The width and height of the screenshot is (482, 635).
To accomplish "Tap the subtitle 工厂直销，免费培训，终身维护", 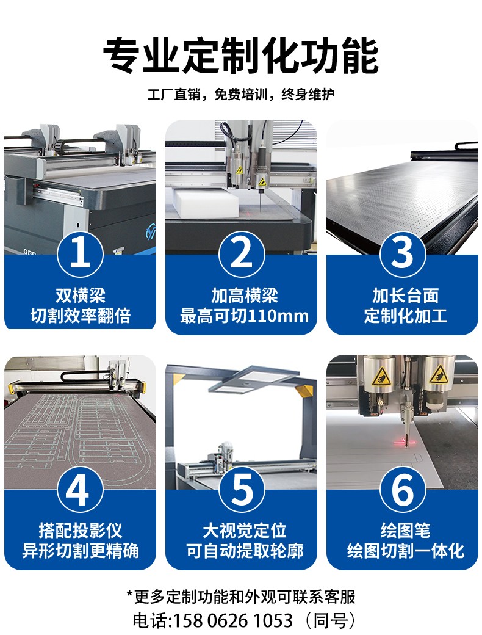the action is click(241, 95).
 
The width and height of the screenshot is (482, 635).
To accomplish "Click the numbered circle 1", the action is click(80, 254).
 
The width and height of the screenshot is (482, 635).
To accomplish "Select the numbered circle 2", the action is click(242, 254).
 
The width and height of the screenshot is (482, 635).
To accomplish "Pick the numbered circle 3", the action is click(403, 254).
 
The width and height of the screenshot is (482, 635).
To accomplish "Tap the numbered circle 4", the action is click(80, 489).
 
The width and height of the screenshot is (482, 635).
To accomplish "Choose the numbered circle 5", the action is click(242, 489).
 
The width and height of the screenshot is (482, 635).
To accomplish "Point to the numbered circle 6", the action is click(403, 489).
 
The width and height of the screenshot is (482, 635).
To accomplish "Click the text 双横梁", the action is click(80, 296).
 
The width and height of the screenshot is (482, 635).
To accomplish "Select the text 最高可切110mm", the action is click(244, 316).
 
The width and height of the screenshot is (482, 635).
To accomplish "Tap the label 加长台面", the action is click(405, 296).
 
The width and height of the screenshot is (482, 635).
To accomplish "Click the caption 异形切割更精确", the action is click(80, 551).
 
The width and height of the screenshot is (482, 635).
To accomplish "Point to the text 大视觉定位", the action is click(245, 531).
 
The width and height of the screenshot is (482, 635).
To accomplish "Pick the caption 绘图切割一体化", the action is click(405, 551).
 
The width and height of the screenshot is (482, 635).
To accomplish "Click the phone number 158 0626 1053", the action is click(233, 620).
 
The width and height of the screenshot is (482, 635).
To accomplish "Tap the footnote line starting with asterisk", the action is click(241, 597).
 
